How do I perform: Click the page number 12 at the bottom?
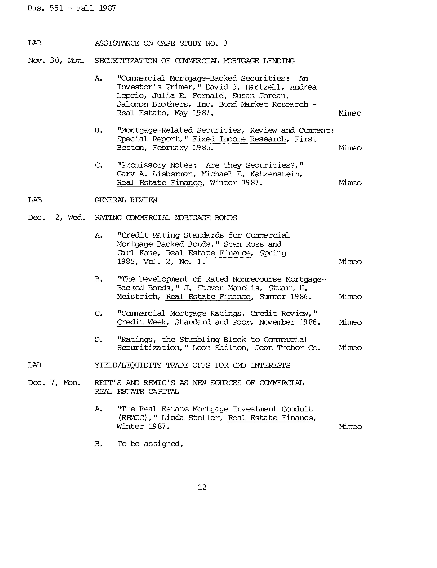202,487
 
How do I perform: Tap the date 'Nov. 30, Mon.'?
56,61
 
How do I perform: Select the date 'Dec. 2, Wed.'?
56,218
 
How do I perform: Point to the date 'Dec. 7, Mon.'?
54,383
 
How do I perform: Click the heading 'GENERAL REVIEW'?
126,200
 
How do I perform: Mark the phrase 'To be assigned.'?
150,444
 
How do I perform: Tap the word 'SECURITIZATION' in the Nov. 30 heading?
126,61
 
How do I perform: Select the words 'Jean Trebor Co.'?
287,348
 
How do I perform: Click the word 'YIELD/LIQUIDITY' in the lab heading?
128,365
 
